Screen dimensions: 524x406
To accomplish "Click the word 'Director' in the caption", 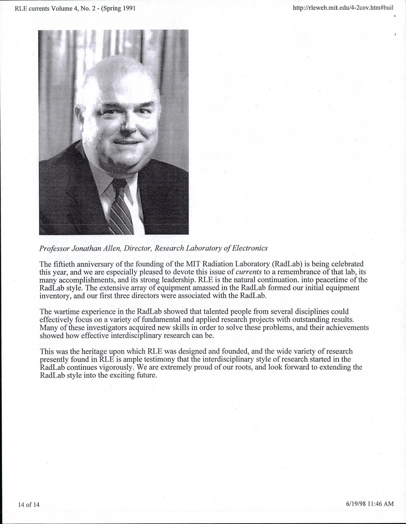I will click(x=137, y=248).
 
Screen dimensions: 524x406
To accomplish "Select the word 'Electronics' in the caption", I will click(x=250, y=248).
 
